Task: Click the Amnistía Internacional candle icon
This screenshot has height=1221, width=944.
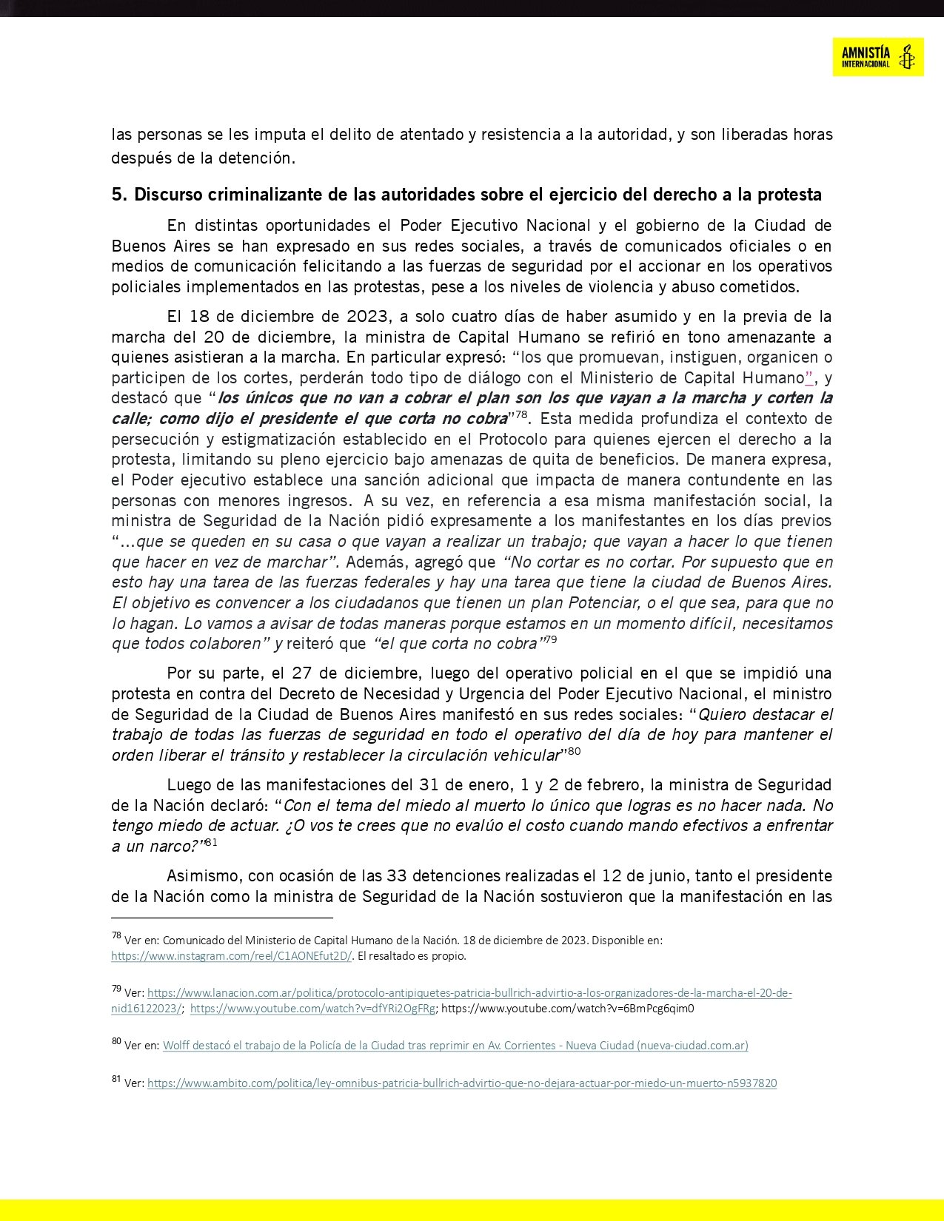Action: click(905, 56)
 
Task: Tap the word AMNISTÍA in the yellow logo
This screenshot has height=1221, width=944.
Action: click(866, 52)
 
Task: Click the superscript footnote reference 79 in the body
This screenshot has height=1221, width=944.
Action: click(550, 639)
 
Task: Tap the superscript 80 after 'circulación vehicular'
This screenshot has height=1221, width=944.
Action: click(574, 751)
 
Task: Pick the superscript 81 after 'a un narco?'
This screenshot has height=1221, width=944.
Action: click(211, 842)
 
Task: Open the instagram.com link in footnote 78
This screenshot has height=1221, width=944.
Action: click(231, 955)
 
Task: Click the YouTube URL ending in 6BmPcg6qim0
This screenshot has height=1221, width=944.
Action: click(568, 1008)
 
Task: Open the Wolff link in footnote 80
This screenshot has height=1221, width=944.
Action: click(455, 1045)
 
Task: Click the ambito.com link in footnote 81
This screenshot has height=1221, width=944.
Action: click(462, 1083)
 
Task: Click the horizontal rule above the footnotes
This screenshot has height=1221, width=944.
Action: click(222, 918)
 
